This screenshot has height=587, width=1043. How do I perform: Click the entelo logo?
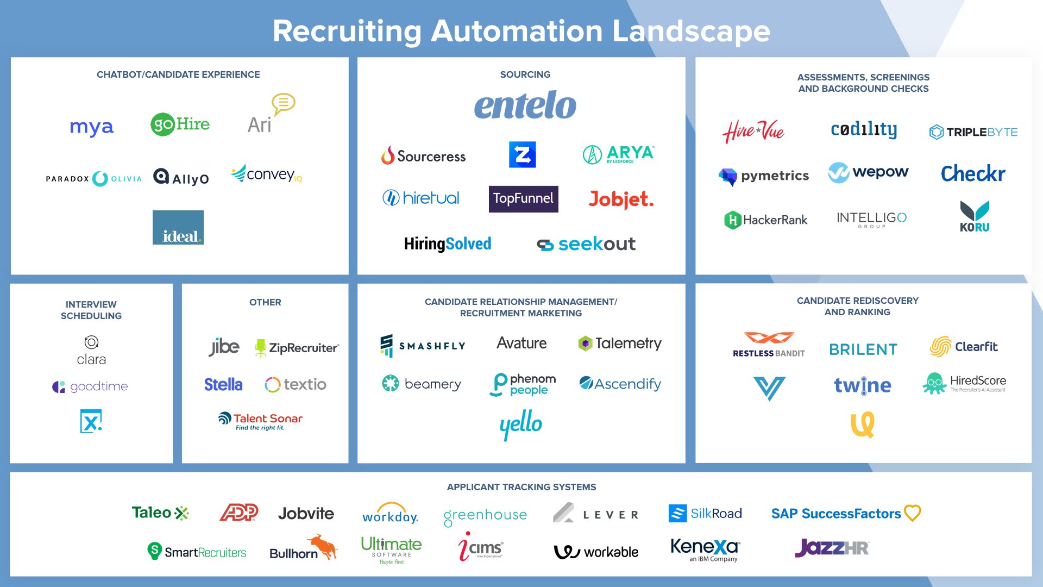[x=525, y=105]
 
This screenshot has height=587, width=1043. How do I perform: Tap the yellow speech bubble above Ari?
[x=283, y=103]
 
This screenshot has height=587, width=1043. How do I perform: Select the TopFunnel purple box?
[x=523, y=199]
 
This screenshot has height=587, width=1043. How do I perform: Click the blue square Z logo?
[x=522, y=155]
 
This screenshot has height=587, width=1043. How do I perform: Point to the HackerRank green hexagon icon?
[x=732, y=220]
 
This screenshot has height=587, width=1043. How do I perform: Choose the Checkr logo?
[x=973, y=174]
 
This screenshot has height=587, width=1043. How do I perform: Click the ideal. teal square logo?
[x=178, y=227]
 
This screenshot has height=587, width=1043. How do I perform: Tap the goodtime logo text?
[x=99, y=386]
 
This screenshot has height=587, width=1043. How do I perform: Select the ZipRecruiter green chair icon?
[x=261, y=348]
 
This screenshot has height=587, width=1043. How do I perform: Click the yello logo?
[x=520, y=424]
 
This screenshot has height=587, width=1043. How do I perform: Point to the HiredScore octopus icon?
[x=934, y=384]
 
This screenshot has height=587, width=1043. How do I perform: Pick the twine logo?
[x=863, y=385]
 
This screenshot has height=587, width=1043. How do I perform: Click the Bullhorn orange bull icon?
[x=323, y=545]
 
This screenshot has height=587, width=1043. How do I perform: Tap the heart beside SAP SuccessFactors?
[x=912, y=513]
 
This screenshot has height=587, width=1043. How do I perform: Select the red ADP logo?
[x=238, y=513]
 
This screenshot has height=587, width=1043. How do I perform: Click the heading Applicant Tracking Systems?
[x=521, y=487]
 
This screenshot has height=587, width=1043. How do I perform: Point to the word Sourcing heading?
[x=525, y=74]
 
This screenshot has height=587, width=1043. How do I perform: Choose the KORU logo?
[x=975, y=216]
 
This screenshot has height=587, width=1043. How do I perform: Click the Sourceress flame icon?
[x=387, y=155]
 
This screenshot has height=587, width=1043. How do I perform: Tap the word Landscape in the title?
[x=691, y=31]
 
